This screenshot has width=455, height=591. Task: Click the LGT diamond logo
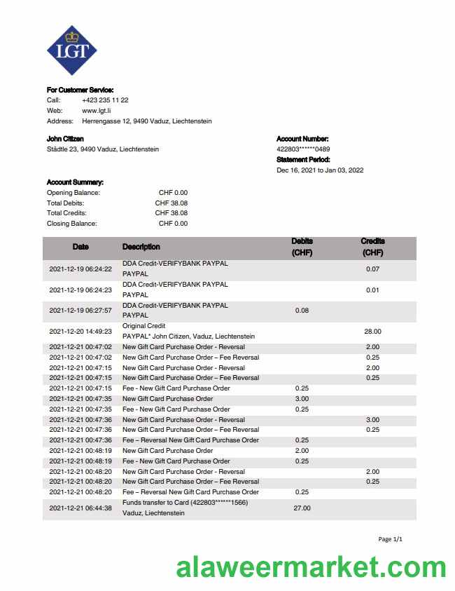point(71,50)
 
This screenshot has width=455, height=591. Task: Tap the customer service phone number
point(105,100)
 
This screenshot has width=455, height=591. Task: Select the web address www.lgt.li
point(97,111)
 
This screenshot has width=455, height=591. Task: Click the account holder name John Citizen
point(65,139)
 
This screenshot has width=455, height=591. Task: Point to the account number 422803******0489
point(303,149)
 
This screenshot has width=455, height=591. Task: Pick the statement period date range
point(320,170)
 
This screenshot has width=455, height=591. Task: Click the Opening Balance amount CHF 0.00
point(173,193)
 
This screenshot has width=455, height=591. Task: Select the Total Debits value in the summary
point(171,203)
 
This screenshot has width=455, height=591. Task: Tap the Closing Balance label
point(72,224)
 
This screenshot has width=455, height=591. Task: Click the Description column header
point(141,247)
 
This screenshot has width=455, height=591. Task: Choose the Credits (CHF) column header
point(372,247)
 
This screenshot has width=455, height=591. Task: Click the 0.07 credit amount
point(372,269)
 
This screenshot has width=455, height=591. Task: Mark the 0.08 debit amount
point(302,311)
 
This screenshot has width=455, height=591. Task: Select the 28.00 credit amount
point(372,332)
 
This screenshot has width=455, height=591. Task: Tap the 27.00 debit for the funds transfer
point(302,508)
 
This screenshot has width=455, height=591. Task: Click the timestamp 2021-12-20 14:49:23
point(80,332)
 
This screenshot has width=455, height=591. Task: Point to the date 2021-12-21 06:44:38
point(80,508)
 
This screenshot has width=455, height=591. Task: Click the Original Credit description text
point(144,326)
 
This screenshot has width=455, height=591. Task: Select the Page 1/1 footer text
point(390,539)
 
